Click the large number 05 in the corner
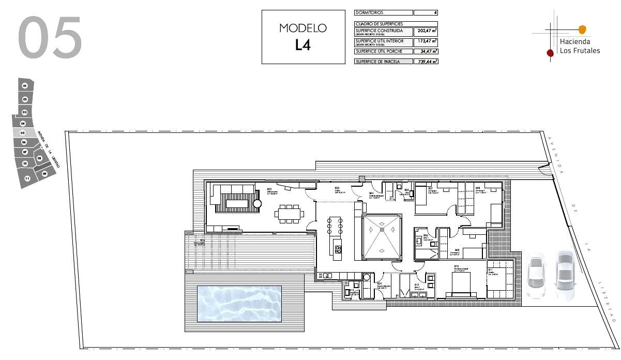tap(50, 37)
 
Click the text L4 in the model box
tap(303, 45)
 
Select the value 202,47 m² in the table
tap(427, 31)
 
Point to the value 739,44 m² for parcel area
tap(427, 61)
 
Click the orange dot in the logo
tap(582, 29)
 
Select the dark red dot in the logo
tap(550, 52)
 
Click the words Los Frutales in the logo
tap(580, 51)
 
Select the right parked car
tap(564, 275)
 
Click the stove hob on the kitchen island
tap(338, 251)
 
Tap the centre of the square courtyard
tap(382, 237)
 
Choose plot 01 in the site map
tap(25, 85)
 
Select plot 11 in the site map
tap(27, 178)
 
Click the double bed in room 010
tap(461, 284)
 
